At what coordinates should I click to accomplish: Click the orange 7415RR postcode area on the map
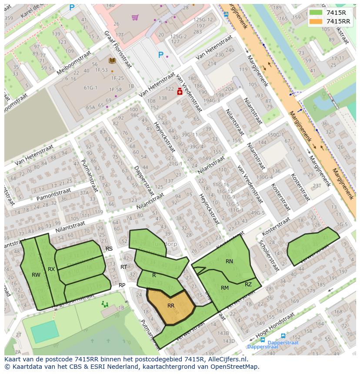click(x=170, y=306)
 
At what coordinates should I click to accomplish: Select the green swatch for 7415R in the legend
click(x=317, y=13)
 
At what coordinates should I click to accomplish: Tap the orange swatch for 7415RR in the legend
click(x=317, y=21)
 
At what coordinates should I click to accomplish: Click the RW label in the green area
click(x=36, y=275)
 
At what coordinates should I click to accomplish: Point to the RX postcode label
click(x=51, y=269)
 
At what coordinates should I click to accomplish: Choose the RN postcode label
click(x=229, y=261)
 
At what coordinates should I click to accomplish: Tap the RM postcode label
click(x=225, y=288)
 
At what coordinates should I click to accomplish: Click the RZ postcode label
click(x=248, y=285)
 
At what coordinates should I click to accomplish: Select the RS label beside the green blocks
click(x=109, y=249)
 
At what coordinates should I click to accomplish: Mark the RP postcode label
click(x=122, y=285)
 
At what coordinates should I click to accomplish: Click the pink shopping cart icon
click(x=135, y=17)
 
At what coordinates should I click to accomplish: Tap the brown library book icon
click(x=112, y=61)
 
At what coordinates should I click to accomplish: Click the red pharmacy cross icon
click(x=179, y=92)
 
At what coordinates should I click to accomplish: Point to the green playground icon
click(x=105, y=304)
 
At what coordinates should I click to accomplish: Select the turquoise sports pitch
click(x=44, y=331)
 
